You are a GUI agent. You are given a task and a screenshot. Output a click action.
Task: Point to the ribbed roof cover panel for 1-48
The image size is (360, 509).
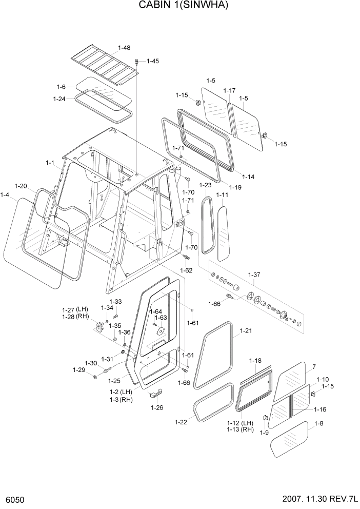point(105,65)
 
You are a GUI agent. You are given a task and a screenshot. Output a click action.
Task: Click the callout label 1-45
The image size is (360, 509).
point(153,61)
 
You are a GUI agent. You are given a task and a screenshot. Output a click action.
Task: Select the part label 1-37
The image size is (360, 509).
point(255,275)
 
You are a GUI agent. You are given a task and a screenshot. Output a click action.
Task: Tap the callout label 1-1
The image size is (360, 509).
point(50,163)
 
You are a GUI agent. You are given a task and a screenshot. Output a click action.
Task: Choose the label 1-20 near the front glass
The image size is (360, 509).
point(21,186)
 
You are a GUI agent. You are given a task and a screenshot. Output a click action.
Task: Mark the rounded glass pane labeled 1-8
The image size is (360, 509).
point(289,440)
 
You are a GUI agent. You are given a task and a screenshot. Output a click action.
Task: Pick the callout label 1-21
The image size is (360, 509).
point(246,331)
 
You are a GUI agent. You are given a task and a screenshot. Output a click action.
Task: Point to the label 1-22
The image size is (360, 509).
point(181,422)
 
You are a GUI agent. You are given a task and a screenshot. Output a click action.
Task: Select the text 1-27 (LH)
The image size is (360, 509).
point(75,309)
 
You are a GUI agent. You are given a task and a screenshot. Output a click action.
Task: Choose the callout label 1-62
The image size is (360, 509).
point(186,270)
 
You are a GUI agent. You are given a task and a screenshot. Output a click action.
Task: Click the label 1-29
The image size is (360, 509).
point(78,369)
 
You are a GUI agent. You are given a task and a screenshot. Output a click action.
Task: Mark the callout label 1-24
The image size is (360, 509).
point(59,99)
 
